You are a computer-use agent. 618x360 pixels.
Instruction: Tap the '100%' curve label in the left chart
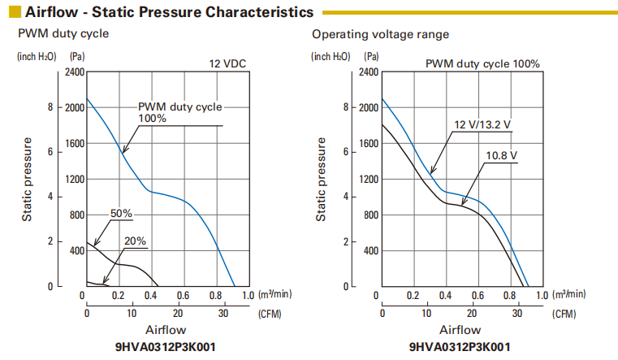152,118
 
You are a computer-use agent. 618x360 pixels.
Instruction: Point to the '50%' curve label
121,214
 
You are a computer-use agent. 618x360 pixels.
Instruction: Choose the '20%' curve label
136,241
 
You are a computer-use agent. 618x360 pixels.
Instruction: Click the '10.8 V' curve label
502,154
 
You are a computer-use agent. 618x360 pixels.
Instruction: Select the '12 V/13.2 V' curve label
482,124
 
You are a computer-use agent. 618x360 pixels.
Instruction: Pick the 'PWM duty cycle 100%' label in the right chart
482,64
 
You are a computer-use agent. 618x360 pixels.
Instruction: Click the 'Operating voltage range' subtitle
380,35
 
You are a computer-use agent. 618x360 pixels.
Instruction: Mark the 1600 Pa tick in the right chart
370,144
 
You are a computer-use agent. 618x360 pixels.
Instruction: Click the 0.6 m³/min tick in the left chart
183,295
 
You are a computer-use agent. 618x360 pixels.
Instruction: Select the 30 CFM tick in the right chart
517,313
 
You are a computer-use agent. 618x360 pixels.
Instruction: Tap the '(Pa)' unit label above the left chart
77,56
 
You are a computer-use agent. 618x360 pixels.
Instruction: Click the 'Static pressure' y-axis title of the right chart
322,180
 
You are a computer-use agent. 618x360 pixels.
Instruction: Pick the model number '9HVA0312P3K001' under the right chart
460,347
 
